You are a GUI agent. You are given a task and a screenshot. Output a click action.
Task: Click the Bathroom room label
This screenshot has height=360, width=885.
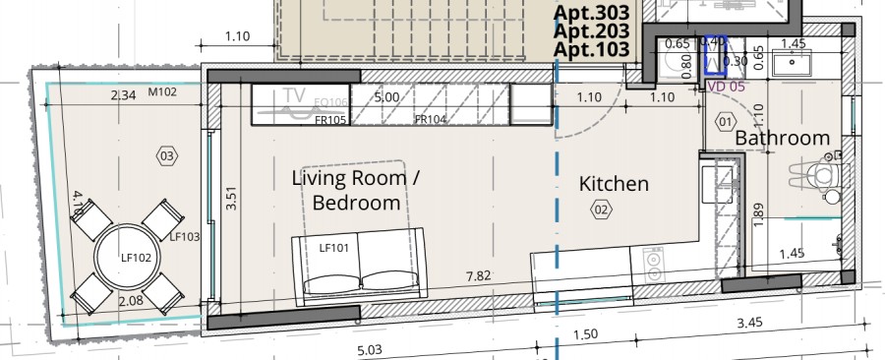(x=783, y=139)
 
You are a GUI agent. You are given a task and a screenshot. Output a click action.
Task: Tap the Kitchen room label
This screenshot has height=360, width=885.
(x=614, y=184)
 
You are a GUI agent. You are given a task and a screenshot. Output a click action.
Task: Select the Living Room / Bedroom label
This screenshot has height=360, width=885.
(x=356, y=190)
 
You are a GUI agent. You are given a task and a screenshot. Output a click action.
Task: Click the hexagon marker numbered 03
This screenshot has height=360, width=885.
(x=166, y=154)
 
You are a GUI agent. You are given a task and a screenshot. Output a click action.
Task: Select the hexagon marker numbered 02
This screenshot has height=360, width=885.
(x=600, y=209)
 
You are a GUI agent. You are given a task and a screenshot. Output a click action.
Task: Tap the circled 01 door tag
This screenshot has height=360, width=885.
(x=727, y=121)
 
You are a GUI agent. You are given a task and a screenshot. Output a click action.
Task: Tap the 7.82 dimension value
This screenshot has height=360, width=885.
(x=479, y=276)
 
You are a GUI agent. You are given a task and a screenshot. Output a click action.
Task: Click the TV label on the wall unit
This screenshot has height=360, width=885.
(x=292, y=96)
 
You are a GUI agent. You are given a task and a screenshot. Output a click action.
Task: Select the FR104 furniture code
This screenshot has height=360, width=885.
(x=431, y=119)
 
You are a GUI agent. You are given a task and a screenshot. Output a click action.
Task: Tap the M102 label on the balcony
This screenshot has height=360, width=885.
(x=161, y=93)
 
